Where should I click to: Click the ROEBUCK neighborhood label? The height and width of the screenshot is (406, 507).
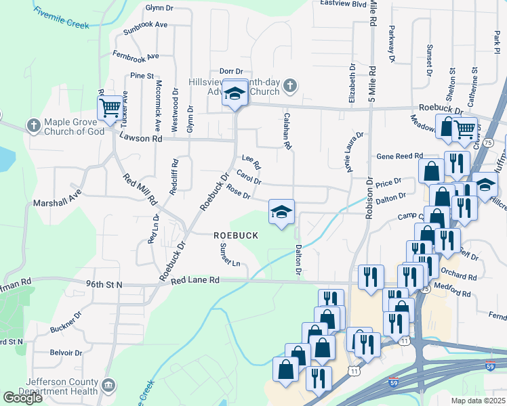(236, 235)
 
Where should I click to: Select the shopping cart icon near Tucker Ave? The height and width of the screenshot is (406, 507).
(109, 108)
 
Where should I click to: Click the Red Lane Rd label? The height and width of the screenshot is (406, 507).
(195, 279)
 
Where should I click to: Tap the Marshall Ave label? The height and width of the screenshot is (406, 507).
(57, 202)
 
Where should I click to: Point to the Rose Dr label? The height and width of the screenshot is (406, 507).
(239, 192)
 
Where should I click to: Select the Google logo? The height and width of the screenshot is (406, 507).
(22, 398)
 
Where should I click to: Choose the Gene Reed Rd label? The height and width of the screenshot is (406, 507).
(400, 155)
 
